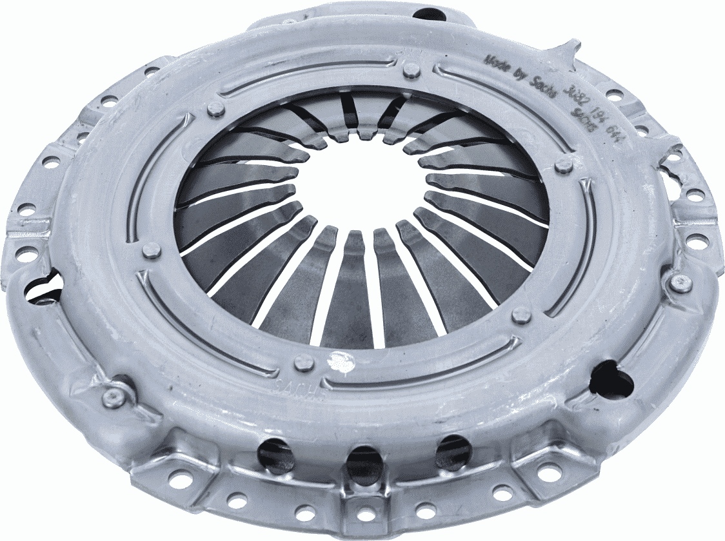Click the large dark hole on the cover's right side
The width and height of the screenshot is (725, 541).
(609, 380)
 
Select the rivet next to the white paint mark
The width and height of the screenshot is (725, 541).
(304, 362)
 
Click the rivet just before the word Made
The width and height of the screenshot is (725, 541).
(411, 70)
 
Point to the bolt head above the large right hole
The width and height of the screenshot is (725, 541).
(680, 282)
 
